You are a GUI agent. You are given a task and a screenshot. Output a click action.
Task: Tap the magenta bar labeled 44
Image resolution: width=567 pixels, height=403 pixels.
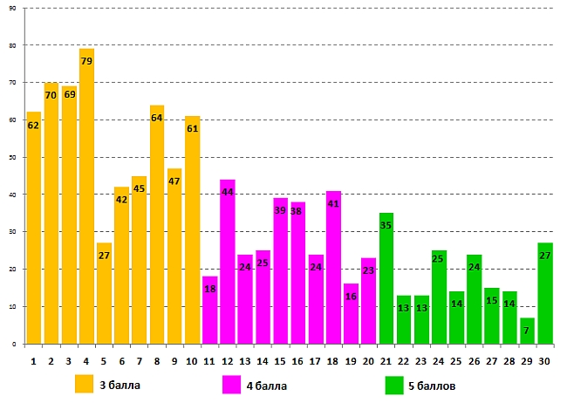coord(228,262)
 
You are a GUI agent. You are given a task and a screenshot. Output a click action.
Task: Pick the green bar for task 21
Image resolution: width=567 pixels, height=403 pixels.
coord(386,279)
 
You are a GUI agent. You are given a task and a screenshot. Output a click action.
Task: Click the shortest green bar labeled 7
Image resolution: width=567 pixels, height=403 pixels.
coord(528,331)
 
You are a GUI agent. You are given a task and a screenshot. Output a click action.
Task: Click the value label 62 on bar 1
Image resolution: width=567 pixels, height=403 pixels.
coord(33,126)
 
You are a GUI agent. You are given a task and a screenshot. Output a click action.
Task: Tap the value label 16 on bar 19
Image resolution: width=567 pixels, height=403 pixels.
coord(351,297)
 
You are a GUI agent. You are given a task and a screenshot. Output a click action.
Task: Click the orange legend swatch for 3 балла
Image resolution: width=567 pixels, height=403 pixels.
coord(84,384)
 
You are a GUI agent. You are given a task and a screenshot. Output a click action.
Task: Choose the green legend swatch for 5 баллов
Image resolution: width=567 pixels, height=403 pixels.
coord(393,384)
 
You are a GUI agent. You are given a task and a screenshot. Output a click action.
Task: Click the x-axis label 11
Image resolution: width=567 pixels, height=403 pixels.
coord(209,360)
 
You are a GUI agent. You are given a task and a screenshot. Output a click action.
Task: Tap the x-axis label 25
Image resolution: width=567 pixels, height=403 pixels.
coord(456,360)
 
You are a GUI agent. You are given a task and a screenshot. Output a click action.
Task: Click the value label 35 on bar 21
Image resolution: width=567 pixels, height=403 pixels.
coord(386,226)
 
